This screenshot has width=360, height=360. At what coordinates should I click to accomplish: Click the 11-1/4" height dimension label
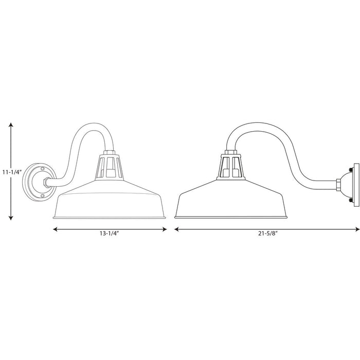12,172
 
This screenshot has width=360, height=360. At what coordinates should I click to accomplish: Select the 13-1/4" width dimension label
109,233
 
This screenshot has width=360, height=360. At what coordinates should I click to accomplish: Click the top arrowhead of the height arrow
11,125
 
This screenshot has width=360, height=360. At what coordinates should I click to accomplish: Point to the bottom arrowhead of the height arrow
11,218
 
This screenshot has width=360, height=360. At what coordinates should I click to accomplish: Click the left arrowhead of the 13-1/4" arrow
56,229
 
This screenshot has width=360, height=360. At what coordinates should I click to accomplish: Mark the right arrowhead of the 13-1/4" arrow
165,229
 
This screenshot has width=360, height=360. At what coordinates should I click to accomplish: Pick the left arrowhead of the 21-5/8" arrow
177,229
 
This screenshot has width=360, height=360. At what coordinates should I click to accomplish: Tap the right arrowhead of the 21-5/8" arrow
357,229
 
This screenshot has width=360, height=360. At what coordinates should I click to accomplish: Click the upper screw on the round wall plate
42,169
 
